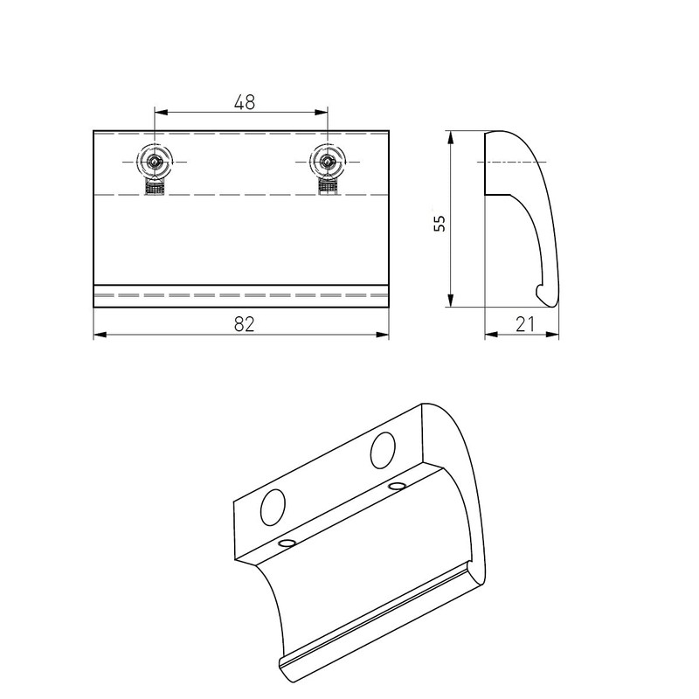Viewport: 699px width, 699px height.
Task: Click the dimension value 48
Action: click(x=244, y=101)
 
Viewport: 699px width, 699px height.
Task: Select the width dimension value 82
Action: click(x=244, y=323)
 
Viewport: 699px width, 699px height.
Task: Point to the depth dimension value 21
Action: click(x=524, y=324)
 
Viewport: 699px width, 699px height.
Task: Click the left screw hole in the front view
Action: click(x=156, y=161)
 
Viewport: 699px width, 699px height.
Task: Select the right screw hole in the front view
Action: click(x=327, y=161)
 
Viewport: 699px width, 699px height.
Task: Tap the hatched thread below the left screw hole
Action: click(x=156, y=186)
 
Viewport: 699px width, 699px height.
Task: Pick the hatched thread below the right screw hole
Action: click(x=327, y=186)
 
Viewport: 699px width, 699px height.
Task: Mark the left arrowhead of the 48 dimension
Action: click(x=161, y=111)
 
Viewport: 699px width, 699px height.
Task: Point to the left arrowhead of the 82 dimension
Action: click(x=99, y=335)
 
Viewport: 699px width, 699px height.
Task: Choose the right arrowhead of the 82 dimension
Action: click(x=383, y=335)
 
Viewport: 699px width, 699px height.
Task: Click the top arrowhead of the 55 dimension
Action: click(x=450, y=137)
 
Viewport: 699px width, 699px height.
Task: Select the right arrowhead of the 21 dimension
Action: click(x=553, y=335)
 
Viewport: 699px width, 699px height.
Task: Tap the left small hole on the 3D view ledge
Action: click(x=286, y=543)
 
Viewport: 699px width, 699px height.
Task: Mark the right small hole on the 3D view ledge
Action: click(x=398, y=484)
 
